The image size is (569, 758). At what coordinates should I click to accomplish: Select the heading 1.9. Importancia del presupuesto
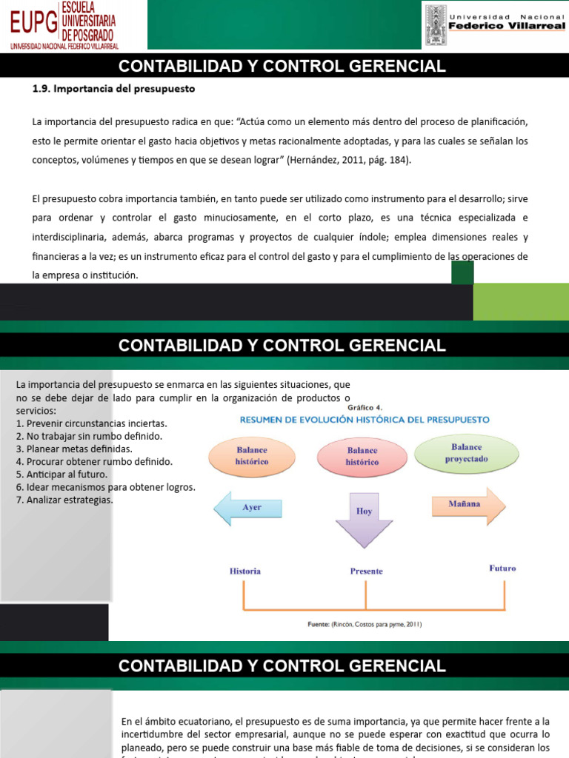(x=113, y=89)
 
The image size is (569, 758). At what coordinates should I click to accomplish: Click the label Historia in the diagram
(x=245, y=571)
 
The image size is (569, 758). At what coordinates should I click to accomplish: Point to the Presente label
(x=366, y=571)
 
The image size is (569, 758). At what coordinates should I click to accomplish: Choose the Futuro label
(x=502, y=568)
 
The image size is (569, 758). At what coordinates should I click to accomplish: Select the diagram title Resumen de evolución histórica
(x=364, y=419)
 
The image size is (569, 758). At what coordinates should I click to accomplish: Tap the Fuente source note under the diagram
(x=365, y=624)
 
